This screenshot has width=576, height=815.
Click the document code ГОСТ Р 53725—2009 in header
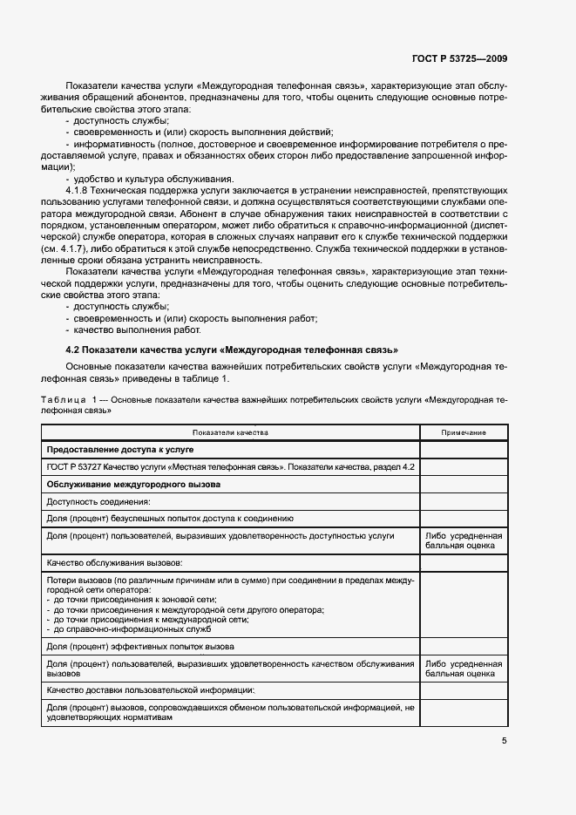459,59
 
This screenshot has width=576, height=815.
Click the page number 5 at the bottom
504,741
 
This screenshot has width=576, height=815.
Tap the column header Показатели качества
230,432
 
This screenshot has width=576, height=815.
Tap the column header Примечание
463,432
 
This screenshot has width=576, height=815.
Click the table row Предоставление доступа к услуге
119,450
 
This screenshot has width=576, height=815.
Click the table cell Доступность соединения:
98,501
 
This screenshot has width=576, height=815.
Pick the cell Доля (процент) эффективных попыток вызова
139,647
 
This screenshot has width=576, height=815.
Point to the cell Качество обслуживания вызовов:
114,563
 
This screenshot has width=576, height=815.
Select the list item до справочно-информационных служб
121,628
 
